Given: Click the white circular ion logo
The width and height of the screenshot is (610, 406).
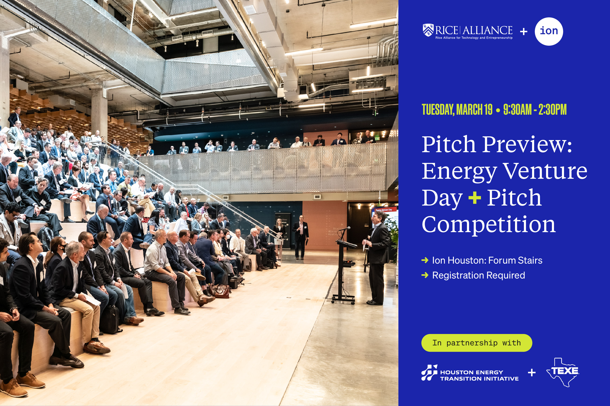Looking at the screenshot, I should click(549, 31).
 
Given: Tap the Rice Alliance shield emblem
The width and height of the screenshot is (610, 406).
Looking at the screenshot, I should click(428, 30).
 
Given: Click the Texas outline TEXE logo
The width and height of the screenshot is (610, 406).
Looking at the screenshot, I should click(563, 372).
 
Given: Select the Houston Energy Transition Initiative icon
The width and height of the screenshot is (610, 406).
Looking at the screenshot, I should click(429, 373).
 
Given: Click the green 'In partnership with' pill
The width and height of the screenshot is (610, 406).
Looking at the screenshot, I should click(477, 343).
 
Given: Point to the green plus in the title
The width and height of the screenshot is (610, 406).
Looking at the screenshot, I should click(474, 198).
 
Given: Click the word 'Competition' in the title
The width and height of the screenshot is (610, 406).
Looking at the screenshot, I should click(489, 224).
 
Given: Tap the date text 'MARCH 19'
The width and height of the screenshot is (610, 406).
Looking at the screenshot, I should click(474, 110).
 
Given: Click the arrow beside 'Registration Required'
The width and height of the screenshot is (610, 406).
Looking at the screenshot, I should click(425, 275).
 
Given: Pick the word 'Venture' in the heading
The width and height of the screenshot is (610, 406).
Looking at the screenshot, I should click(545, 171).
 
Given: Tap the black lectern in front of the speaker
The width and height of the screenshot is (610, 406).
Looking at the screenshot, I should click(345, 269).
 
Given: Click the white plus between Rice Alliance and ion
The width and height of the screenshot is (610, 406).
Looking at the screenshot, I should click(523, 32).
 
